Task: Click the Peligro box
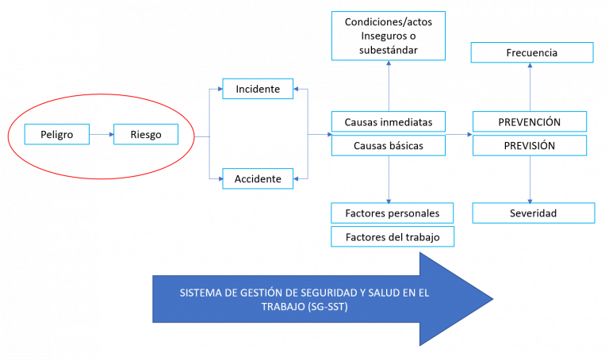tap(57, 134)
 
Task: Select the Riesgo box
tap(146, 134)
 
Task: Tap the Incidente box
tap(258, 89)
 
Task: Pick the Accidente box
tap(258, 178)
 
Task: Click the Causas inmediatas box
tap(389, 122)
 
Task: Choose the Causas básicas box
tap(389, 146)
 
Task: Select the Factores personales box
tap(393, 213)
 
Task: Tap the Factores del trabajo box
tap(393, 237)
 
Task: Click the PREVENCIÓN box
tap(530, 122)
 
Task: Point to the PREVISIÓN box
tap(530, 146)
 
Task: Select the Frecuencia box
tap(532, 52)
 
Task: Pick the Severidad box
tap(533, 213)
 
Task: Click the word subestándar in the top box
tap(389, 50)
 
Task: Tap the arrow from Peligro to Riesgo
tap(101, 134)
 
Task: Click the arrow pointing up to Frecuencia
tap(530, 87)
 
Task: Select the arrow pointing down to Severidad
tap(530, 179)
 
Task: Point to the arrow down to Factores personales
tap(389, 179)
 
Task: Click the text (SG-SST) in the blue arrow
tap(327, 307)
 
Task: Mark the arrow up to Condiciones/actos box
tap(389, 86)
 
